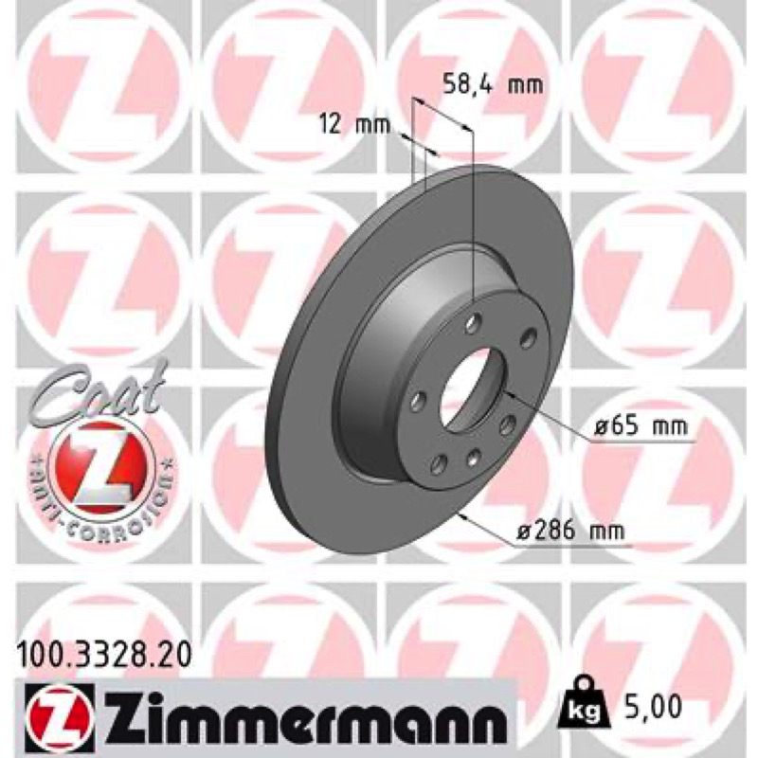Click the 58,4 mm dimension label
click(493, 85)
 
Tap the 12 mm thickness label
click(354, 125)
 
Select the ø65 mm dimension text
click(641, 426)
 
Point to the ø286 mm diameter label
click(571, 532)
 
